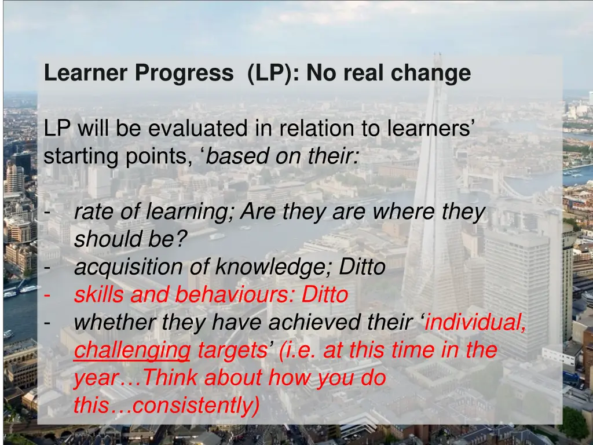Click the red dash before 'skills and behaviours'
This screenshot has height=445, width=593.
[x=47, y=295]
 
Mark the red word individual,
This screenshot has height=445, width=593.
[x=475, y=323]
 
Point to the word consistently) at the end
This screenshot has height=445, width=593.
[x=196, y=406]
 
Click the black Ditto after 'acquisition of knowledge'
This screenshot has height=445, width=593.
[x=363, y=267]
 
